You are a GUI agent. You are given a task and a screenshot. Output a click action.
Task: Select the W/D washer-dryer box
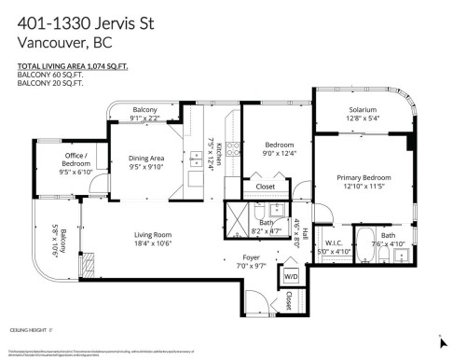pyautogui.click(x=290, y=276)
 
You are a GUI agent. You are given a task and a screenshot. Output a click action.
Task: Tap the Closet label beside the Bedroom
pyautogui.click(x=266, y=186)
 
